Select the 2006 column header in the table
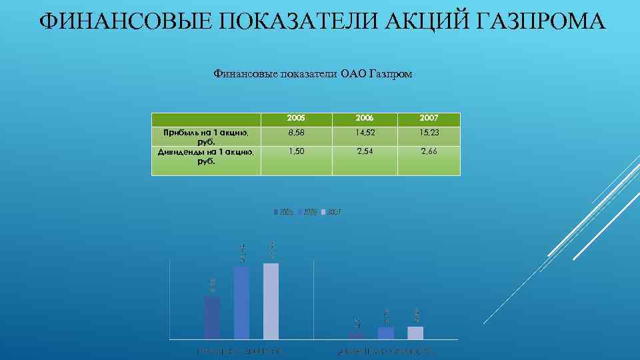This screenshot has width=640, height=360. [366, 119]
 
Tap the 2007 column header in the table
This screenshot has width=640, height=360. [429, 119]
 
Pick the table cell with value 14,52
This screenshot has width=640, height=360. [366, 135]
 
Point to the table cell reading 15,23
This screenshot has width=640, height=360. [429, 135]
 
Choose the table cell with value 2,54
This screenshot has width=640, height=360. [366, 152]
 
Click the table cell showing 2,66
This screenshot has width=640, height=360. [429, 152]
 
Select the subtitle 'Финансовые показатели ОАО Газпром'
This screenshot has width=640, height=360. [313, 74]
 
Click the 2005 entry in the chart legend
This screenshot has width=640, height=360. [284, 212]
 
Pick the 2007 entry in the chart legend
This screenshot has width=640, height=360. [331, 212]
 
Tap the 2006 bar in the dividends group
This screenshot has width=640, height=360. [385, 333]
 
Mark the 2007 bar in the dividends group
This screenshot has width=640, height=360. [415, 332]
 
